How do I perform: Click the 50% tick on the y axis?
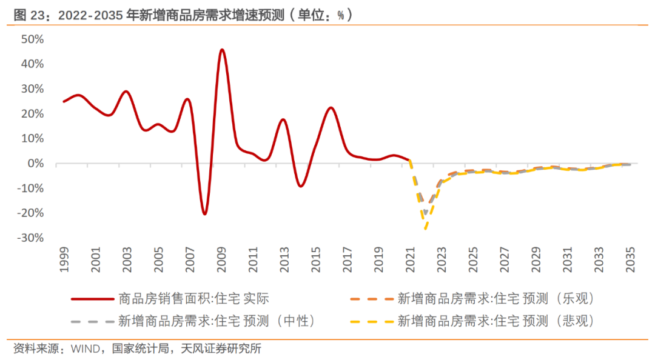[x=32, y=39]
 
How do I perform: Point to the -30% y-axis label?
[x=30, y=238]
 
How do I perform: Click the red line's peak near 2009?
[x=222, y=50]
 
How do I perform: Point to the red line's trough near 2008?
[x=205, y=214]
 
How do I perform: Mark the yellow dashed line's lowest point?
[x=426, y=229]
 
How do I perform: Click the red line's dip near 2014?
[x=300, y=186]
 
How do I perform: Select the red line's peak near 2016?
[x=331, y=108]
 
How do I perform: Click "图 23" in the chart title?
[x=29, y=15]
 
